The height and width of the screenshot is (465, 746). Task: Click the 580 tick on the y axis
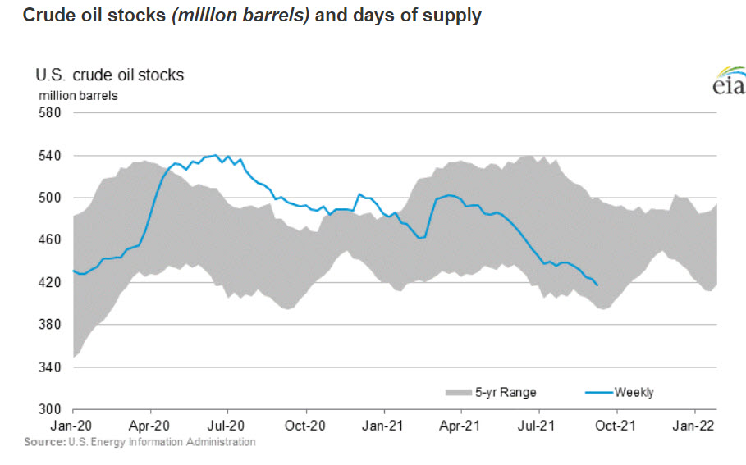[50, 112]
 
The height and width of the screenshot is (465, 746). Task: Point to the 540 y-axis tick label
[50, 155]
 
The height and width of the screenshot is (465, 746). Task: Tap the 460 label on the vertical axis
[50, 239]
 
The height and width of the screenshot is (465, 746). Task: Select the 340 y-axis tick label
[50, 367]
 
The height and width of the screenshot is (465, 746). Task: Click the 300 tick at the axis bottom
[50, 409]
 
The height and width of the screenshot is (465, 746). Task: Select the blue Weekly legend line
[597, 392]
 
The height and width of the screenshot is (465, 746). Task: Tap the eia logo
[729, 84]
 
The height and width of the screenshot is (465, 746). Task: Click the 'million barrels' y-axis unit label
[78, 95]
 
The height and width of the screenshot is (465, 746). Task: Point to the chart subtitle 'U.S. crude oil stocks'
[109, 75]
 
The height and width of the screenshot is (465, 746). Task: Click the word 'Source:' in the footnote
[44, 442]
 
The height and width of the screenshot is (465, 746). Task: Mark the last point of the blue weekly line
[597, 285]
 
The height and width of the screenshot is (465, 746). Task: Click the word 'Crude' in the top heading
[46, 16]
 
